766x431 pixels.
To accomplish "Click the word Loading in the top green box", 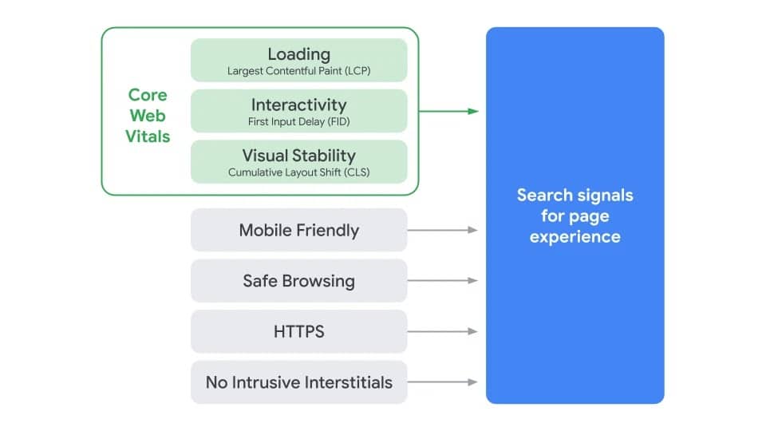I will tap(298, 54).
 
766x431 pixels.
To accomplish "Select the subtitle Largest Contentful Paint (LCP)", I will tap(298, 71).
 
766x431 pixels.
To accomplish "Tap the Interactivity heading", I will tap(298, 105).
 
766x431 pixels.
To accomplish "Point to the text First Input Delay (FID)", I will tap(298, 122).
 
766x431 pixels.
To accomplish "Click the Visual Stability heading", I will tap(298, 155).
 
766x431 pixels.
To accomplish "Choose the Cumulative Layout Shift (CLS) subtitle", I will tap(298, 172).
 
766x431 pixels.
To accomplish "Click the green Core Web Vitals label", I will tap(148, 116).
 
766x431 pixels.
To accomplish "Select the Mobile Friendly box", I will tap(298, 230).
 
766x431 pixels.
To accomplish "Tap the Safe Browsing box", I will tap(298, 281).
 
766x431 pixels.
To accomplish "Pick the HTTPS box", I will tap(298, 331).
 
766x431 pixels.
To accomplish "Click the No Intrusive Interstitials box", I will tap(298, 382).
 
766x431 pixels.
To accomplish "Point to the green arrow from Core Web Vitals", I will tap(448, 111).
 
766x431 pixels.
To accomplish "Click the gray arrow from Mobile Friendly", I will tap(443, 230).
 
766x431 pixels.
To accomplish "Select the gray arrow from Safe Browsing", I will tap(443, 281).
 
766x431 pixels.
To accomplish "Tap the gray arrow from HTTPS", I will tap(443, 331).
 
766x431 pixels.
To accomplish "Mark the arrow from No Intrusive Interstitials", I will tap(443, 382).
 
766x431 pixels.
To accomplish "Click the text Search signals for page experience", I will tap(574, 215).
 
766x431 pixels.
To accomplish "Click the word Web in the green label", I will tap(148, 116).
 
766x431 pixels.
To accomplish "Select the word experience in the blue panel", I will tap(574, 236).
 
